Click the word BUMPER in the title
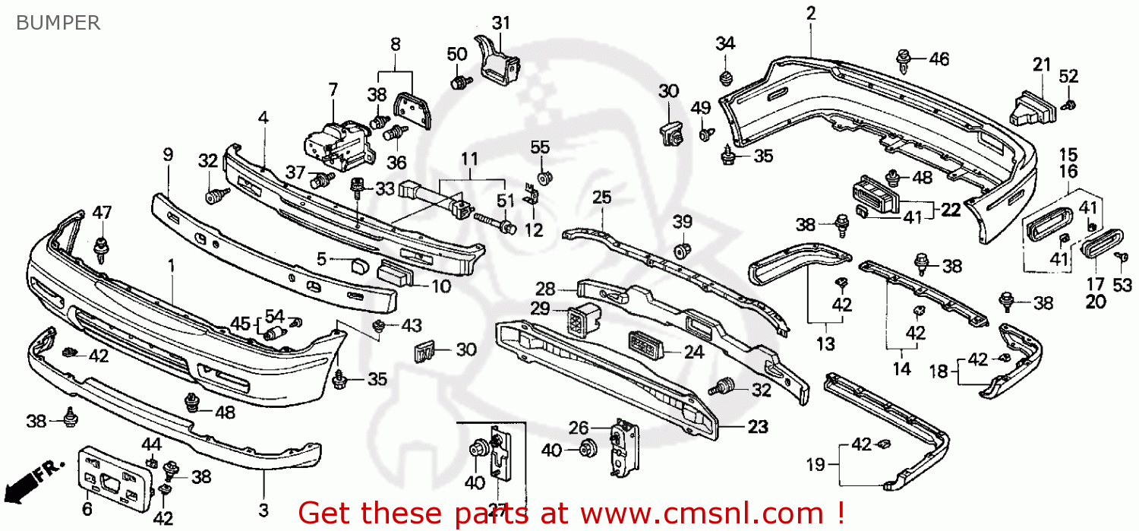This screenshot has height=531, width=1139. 57,23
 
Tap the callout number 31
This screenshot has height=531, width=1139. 500,23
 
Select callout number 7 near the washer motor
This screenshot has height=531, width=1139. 333,90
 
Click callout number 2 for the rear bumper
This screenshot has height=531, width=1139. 810,13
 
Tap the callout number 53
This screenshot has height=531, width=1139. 1122,285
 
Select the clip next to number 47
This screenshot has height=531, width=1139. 100,246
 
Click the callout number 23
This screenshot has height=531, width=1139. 757,427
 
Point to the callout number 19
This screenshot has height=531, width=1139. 815,464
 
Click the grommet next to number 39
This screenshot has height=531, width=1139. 682,250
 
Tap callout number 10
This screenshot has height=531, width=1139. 440,286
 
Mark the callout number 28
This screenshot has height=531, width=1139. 545,289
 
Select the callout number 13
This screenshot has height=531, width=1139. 825,344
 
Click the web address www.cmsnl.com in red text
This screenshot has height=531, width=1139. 687,513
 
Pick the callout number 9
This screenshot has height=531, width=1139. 168,154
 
